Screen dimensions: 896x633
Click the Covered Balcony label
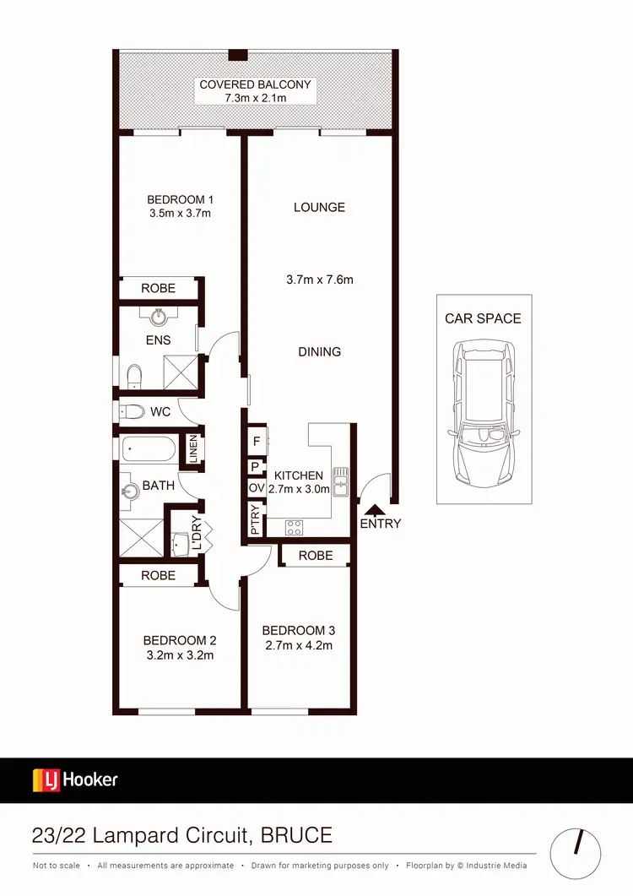(255, 84)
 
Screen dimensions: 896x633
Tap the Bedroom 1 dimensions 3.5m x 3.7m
(180, 214)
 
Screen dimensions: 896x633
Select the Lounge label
(319, 207)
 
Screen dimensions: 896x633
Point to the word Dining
(319, 351)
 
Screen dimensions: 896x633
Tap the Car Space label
(484, 318)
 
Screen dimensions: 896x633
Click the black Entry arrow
(372, 508)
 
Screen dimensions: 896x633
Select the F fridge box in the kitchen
(256, 441)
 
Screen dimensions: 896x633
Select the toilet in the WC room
(131, 413)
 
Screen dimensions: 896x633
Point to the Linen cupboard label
(192, 448)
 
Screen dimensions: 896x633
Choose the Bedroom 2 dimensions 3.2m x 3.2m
(178, 654)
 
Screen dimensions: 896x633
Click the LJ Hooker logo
(75, 779)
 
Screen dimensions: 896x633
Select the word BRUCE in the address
(296, 836)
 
